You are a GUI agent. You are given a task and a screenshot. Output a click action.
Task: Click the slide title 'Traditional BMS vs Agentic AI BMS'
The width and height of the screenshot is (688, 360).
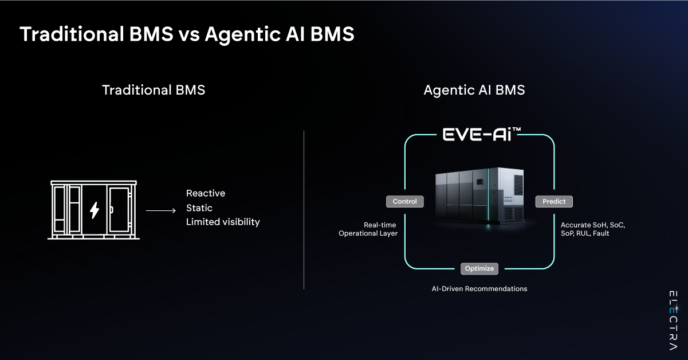(187, 34)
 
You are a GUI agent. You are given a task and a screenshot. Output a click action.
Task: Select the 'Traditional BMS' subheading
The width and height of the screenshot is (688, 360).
(154, 90)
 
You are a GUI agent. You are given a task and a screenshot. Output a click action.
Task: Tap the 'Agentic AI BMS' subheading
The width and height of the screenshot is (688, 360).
(474, 90)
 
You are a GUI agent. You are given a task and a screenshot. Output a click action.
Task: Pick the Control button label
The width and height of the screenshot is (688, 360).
(405, 202)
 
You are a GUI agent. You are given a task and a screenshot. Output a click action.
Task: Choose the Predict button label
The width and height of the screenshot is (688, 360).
(554, 202)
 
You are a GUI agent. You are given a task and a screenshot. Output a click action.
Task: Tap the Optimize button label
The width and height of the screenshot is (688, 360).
(479, 268)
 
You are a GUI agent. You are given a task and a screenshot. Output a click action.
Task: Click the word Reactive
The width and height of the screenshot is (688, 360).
(206, 193)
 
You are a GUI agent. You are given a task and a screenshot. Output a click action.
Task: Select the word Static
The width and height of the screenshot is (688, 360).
(199, 208)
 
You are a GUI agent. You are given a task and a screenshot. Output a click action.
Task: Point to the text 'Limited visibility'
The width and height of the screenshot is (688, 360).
(223, 222)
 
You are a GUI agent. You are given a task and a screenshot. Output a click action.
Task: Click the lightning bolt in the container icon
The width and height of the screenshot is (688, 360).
(95, 210)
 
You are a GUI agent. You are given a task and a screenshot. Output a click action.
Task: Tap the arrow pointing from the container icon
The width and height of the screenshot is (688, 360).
(160, 211)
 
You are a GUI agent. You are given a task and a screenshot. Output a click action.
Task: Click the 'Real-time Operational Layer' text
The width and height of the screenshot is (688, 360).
(368, 229)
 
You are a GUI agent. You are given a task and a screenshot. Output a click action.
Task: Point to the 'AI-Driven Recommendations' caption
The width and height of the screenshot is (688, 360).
(479, 289)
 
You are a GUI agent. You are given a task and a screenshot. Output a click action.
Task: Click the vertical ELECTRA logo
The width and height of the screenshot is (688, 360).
(673, 320)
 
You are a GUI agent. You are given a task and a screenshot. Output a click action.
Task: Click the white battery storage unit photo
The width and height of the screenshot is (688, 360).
(478, 195)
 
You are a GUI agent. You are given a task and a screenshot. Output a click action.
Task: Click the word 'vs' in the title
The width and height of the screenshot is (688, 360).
(187, 35)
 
